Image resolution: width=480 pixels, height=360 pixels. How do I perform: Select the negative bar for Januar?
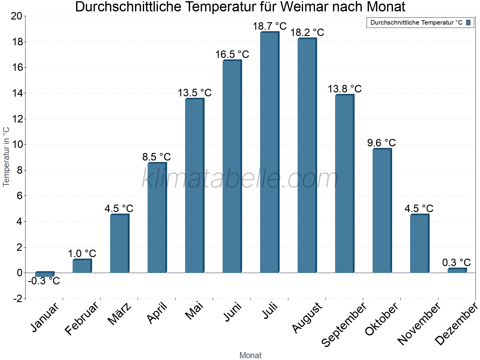[44, 274]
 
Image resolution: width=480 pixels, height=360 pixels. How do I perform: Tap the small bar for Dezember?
[457, 271]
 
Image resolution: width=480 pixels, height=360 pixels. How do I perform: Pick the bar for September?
[344, 184]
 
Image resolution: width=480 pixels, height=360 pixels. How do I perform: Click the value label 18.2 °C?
[307, 32]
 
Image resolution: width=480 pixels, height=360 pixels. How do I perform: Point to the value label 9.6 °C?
[381, 143]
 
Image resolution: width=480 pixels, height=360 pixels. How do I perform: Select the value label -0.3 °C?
[44, 281]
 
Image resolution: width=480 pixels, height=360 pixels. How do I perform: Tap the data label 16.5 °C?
[232, 54]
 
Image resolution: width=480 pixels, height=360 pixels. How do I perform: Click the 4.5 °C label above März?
[119, 208]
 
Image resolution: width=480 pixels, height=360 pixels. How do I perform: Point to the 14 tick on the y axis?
[17, 93]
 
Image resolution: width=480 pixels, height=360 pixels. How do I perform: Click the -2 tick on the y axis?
[17, 298]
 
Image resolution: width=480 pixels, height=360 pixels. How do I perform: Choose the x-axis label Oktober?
[382, 319]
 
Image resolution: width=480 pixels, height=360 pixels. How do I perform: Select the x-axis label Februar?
[82, 318]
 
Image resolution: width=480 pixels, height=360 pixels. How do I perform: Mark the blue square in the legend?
[468, 22]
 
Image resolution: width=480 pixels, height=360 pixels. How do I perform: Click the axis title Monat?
[250, 355]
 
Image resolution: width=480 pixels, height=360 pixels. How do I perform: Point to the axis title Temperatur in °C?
[6, 157]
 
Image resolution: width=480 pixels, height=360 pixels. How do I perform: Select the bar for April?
[157, 218]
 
